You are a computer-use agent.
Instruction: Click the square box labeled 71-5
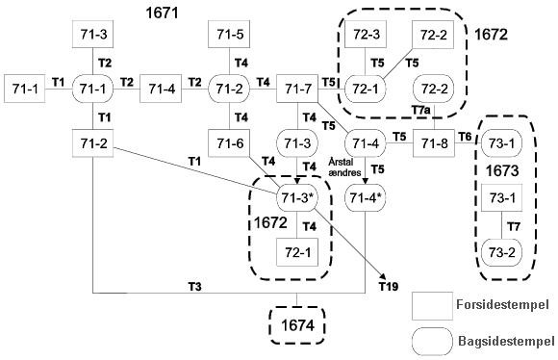pos(229,35)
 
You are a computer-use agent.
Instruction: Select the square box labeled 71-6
pos(229,143)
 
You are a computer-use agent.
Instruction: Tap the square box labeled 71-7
pos(297,89)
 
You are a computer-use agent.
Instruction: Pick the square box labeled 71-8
pos(434,143)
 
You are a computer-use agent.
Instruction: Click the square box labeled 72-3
pos(366,35)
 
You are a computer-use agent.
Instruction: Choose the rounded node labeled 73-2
pos(502,252)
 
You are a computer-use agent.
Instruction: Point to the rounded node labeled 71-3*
pos(297,198)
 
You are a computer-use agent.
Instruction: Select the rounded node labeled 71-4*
pos(366,198)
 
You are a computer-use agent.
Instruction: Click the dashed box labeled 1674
pos(297,325)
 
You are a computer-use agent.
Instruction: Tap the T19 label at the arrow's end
pos(389,287)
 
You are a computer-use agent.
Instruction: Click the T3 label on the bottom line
pos(194,286)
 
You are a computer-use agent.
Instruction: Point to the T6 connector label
pos(465,137)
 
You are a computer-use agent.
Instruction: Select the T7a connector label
pos(421,111)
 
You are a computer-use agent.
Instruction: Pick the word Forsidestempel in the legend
pos(502,305)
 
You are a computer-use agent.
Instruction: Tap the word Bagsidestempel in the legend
pos(506,341)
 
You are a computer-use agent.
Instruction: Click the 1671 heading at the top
pos(162,13)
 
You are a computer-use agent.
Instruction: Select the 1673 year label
pos(502,171)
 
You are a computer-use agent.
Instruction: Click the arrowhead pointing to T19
pos(384,276)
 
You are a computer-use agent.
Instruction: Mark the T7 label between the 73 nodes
pos(514,226)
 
